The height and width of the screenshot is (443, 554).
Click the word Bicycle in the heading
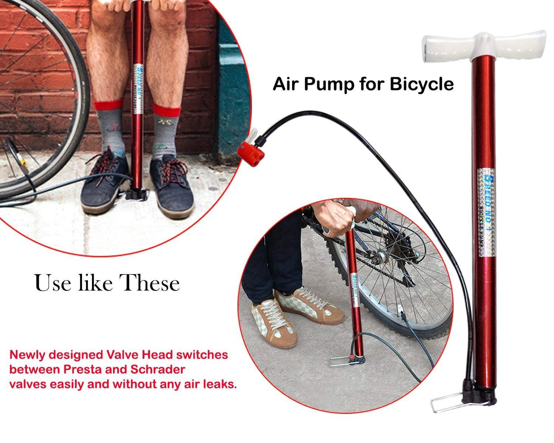[421, 84]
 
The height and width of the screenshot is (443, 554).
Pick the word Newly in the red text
[27, 355]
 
